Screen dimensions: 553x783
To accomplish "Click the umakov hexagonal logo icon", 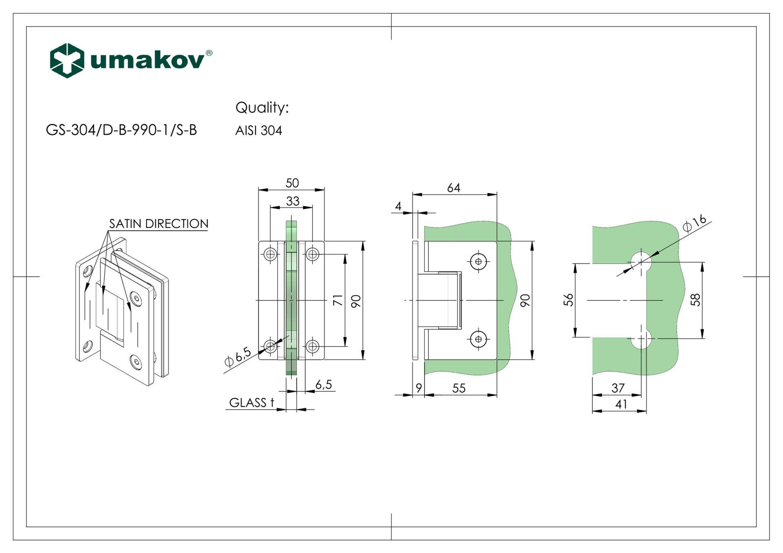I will (x=67, y=60).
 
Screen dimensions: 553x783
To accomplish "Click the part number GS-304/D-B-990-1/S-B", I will (x=121, y=130).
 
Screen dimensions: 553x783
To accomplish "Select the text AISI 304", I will (x=258, y=130).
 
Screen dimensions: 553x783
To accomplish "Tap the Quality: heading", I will (x=262, y=108).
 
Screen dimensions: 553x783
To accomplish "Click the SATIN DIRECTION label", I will (x=158, y=224).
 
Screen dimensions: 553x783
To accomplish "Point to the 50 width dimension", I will (x=292, y=183).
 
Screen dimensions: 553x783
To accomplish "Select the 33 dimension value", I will (x=293, y=201).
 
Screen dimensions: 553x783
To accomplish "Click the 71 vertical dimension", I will (x=338, y=300).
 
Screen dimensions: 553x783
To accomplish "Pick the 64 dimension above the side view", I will (x=453, y=188).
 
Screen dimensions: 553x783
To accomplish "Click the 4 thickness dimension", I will (x=398, y=206).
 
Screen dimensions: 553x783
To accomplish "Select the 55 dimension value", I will (x=459, y=389).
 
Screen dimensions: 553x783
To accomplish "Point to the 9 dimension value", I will (x=419, y=388).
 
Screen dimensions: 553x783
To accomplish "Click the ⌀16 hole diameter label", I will (x=695, y=223).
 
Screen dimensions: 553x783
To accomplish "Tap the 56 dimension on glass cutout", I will (x=569, y=300).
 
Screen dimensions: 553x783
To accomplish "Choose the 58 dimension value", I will (x=695, y=300).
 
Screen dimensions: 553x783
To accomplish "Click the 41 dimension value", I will (x=621, y=404).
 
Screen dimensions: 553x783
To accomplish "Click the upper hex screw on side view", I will (x=479, y=261).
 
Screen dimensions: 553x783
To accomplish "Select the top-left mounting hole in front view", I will (x=270, y=254).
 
